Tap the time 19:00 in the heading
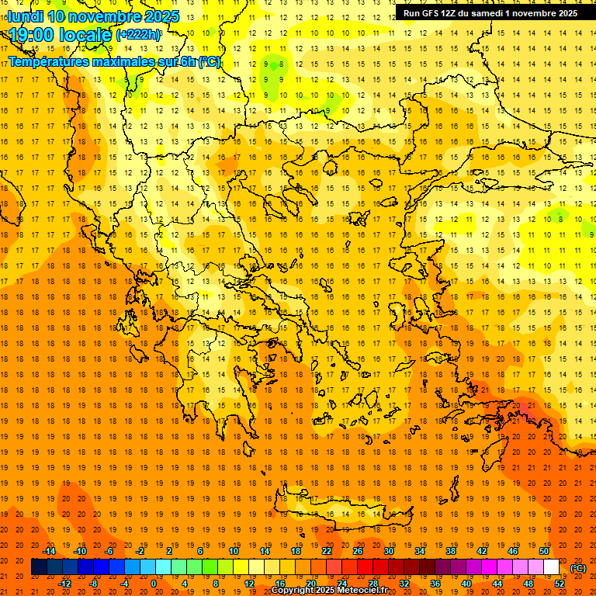[34, 35]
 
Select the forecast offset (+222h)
[138, 35]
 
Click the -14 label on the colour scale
[50, 551]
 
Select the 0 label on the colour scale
[154, 584]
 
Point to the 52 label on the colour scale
[560, 584]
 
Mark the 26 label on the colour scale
[358, 551]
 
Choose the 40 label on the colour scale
[466, 584]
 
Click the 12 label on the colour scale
[249, 584]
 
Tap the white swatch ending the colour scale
[552, 567]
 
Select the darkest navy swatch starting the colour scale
[39, 567]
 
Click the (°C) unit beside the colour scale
[577, 568]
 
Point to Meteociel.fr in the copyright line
[362, 591]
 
